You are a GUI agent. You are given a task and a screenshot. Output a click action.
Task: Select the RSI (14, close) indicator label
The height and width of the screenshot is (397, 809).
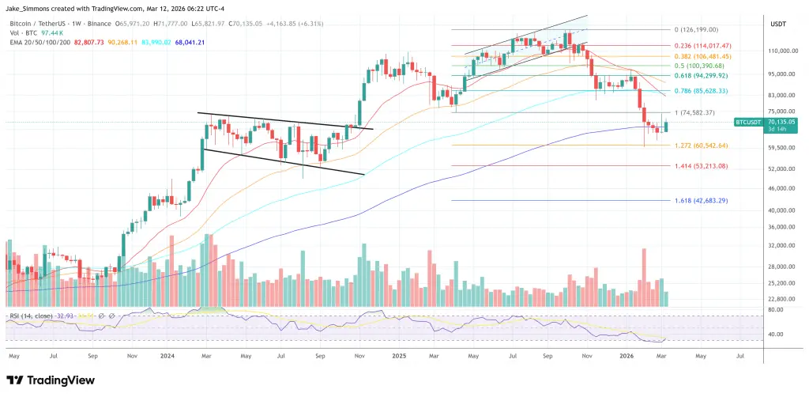click(31, 316)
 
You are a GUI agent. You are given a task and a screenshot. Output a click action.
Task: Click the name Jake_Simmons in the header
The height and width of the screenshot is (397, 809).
click(31, 6)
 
